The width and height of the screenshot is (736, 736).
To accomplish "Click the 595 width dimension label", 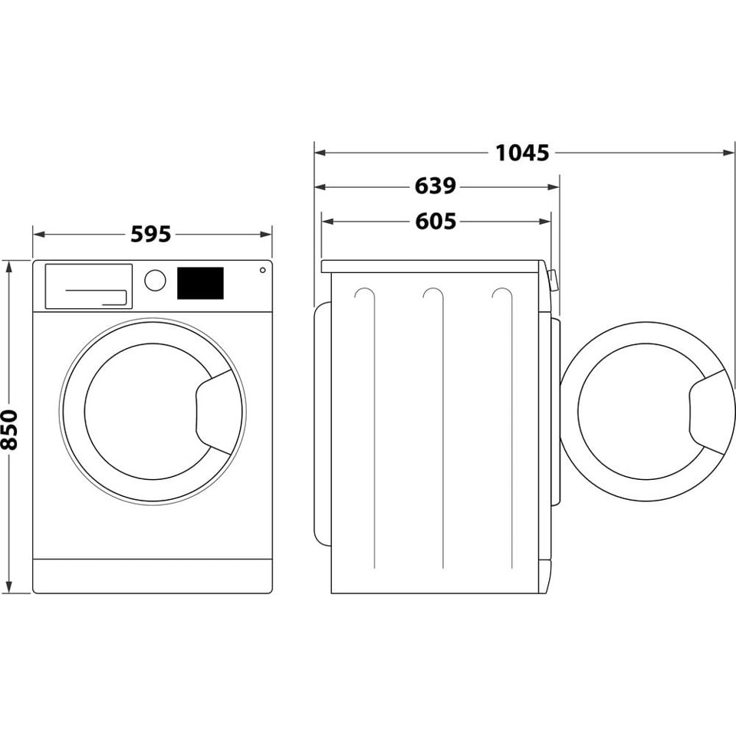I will pos(150,234).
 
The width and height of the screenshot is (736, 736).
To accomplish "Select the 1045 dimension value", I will pos(522,153).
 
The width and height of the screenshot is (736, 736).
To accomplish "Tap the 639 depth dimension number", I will pos(435,186).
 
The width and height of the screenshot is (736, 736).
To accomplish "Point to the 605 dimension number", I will pos(435,222).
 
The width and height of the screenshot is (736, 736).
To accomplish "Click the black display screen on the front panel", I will pos(200,283).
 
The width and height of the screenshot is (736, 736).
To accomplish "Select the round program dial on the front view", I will pos(155,280).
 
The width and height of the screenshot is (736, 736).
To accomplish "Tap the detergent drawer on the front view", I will pos(88,287).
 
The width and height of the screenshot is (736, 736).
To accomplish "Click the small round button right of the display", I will pos(262,270).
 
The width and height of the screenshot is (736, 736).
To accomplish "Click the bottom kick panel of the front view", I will pos(153,575).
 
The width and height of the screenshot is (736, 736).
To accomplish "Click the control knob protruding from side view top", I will pos(553,281).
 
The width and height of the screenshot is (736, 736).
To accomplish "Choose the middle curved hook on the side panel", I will pos(434,294).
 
